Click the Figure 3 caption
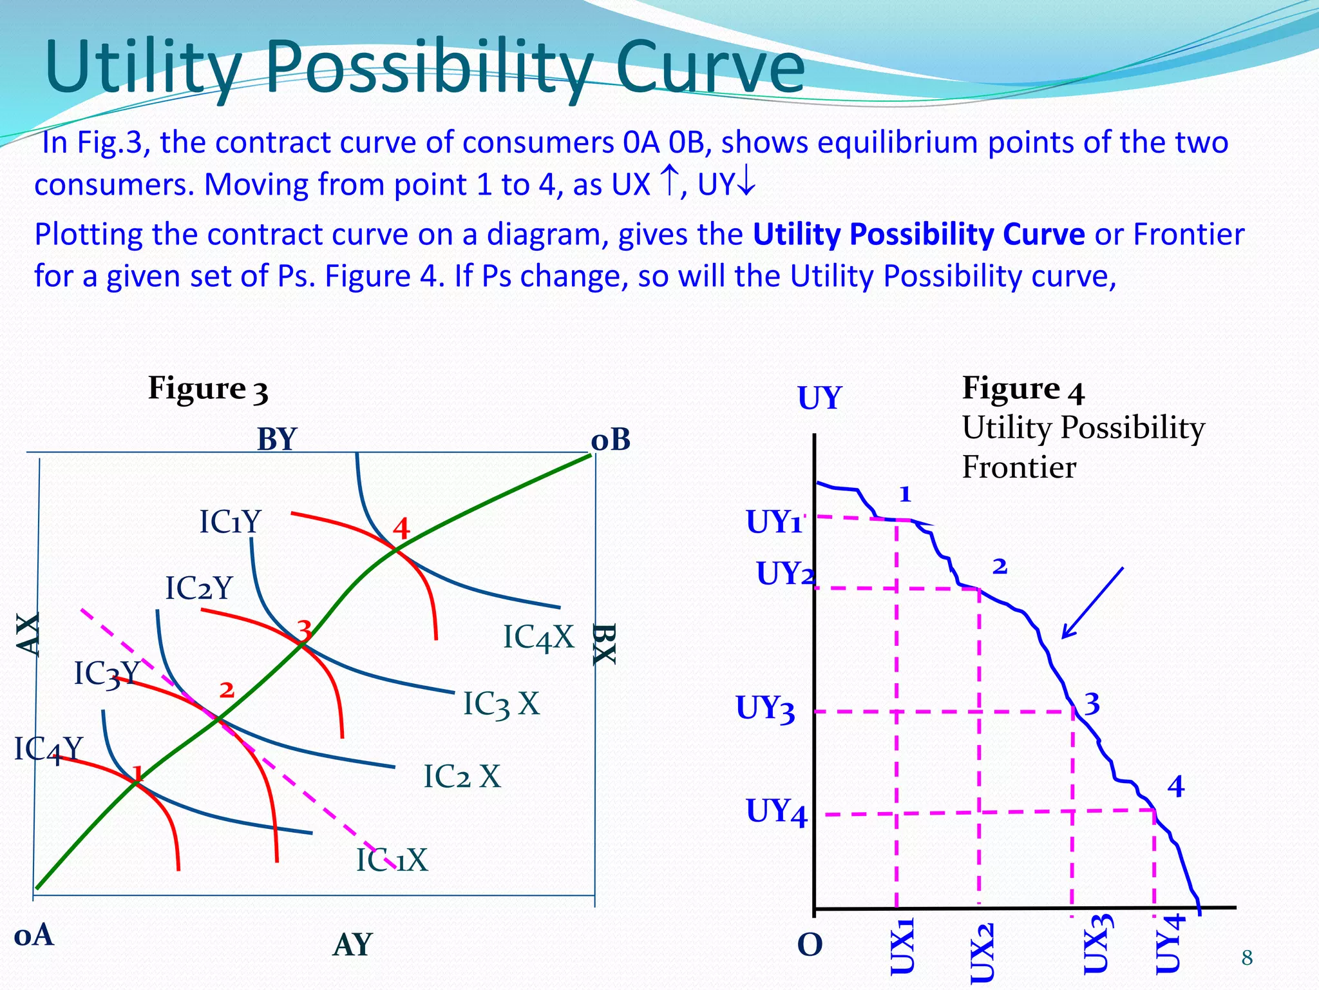(x=207, y=389)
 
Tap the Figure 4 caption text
(x=1022, y=389)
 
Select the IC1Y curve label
(x=229, y=521)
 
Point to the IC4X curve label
(x=538, y=637)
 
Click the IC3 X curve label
(x=500, y=704)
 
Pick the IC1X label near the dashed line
(x=392, y=860)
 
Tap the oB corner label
(x=610, y=440)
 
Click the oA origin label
(x=33, y=935)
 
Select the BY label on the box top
(x=276, y=440)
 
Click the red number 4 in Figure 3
(x=401, y=529)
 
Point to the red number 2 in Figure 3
(x=227, y=690)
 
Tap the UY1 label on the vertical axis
(x=773, y=522)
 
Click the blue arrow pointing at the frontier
(x=1092, y=603)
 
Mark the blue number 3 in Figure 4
(x=1092, y=704)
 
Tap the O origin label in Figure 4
(x=810, y=945)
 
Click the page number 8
(x=1247, y=958)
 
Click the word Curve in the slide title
(x=710, y=68)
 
